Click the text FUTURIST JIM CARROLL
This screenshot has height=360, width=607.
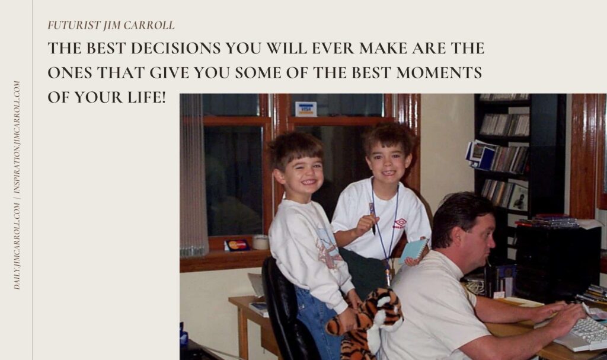click(111, 25)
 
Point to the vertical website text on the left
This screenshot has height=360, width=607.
click(17, 185)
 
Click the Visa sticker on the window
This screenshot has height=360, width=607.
click(306, 109)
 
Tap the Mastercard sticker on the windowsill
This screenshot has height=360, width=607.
click(237, 245)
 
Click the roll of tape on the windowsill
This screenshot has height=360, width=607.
click(261, 242)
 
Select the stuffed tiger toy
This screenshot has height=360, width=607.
click(366, 324)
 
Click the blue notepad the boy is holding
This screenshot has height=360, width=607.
click(413, 251)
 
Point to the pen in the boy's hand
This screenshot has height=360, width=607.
click(372, 219)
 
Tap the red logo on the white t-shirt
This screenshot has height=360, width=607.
click(401, 223)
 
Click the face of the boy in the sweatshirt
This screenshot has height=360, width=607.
click(304, 173)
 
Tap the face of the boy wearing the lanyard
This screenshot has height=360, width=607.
click(388, 161)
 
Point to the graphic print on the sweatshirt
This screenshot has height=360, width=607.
click(327, 248)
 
